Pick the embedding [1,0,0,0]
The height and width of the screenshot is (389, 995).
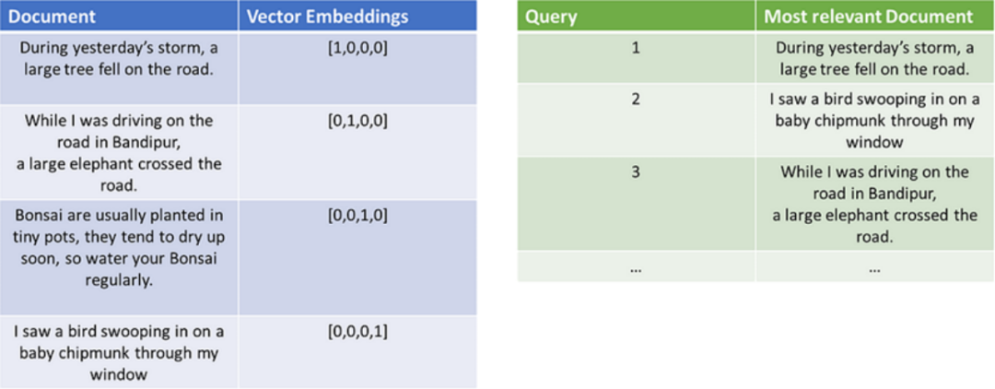(357, 48)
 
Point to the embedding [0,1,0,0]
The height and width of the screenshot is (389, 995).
(357, 121)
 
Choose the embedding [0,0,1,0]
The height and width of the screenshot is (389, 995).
(357, 216)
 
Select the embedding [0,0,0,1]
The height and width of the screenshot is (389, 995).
(357, 331)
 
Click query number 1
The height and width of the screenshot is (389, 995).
(635, 48)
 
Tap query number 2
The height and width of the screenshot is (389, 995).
(635, 99)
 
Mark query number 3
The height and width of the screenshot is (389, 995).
(635, 171)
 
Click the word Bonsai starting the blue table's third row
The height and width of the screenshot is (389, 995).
(40, 216)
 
